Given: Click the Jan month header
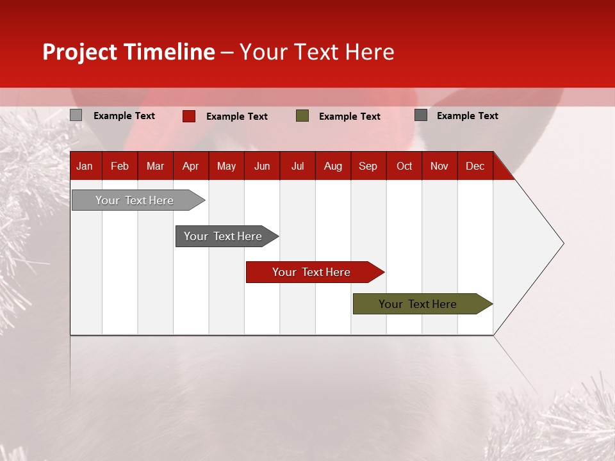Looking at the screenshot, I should tap(85, 166).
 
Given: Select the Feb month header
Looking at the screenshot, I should tap(120, 166).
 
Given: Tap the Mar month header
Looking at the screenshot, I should tap(155, 166).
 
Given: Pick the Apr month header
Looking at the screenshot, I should tap(190, 166).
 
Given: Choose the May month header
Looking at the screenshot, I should tap(226, 166).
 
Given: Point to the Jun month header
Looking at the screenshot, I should tap(262, 166).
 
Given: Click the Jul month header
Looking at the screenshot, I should tap(297, 166).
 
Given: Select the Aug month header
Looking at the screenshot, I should tap(332, 166).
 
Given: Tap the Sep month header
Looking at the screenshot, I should tap(368, 166).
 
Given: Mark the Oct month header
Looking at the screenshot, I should tap(404, 166).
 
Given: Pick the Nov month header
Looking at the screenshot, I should tap(439, 166).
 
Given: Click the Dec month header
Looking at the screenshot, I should tap(475, 166).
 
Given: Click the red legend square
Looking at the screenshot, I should tap(189, 116).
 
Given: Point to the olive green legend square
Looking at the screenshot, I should tap(302, 116).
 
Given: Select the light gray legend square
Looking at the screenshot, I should tap(76, 115).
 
